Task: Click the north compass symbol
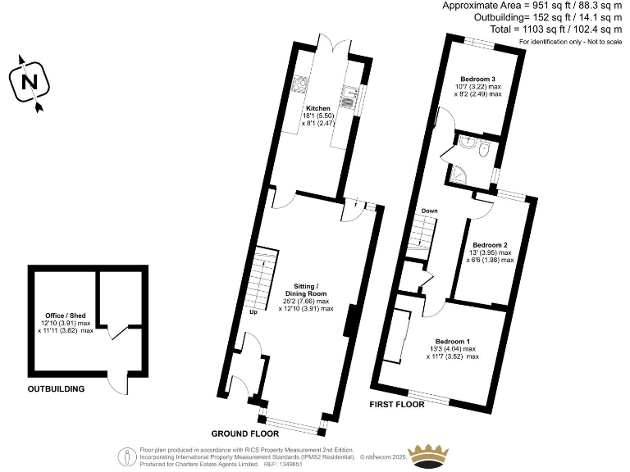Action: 30,82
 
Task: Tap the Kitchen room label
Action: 318,108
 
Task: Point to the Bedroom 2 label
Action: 491,245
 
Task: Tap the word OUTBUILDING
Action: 57,389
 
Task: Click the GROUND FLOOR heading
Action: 244,433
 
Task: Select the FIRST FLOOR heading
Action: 398,405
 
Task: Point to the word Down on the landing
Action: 430,211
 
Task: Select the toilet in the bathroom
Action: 485,150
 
